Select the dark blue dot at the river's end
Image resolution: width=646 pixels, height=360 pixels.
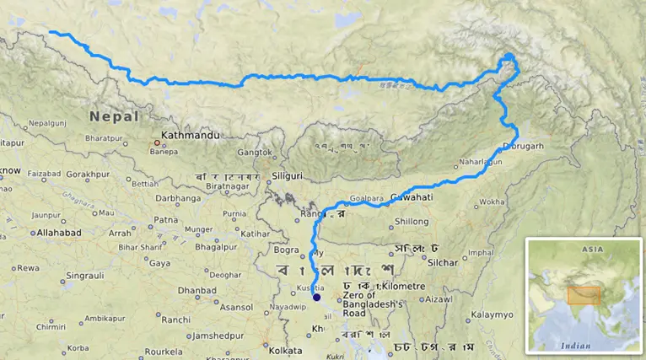(317, 297)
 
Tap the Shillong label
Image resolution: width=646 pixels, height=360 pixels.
(412, 221)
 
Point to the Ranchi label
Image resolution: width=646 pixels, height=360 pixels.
(175, 320)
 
